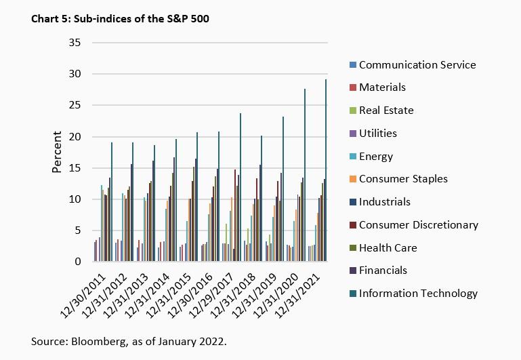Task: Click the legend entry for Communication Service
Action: (417, 65)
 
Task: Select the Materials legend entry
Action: (382, 87)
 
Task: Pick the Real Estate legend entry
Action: (385, 110)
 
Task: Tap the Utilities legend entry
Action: (377, 134)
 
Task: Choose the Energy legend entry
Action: (375, 157)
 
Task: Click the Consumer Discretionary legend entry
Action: (418, 224)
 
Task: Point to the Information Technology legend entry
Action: (417, 294)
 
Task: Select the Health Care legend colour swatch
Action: (352, 247)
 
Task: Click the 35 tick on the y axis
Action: (75, 43)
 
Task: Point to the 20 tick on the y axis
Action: (75, 137)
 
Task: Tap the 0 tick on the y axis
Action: (78, 262)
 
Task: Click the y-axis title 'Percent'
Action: (57, 153)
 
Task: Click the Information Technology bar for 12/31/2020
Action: (304, 176)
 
